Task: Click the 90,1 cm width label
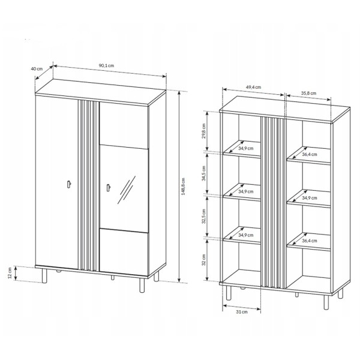coord(106,65)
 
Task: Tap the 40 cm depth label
coord(37,68)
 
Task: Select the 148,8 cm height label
coord(183,187)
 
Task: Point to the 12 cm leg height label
coord(10,273)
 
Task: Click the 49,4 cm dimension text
coord(253,87)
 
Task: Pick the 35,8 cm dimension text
coord(308,93)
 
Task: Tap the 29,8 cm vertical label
coord(203,131)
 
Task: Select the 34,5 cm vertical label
coord(203,173)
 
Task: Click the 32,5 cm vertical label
coord(203,216)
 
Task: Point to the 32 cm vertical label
coord(203,260)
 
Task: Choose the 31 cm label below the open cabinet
coord(242,312)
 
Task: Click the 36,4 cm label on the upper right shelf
coord(309,155)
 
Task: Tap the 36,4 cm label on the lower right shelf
coord(309,241)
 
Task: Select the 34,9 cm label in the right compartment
coord(309,197)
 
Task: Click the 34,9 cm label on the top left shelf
coord(245,148)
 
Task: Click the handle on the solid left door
coord(69,184)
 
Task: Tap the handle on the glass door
coord(109,187)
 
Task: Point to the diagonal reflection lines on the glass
coord(126,190)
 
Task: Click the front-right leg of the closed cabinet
coord(142,286)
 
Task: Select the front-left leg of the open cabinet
coord(229,293)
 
